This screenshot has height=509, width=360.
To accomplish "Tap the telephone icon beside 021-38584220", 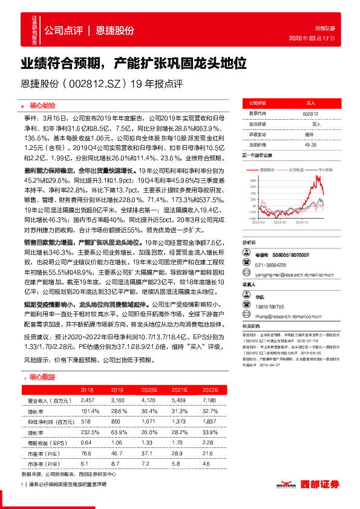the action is (x=246, y=248).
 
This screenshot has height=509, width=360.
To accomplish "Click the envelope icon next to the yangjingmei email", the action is (x=246, y=256).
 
